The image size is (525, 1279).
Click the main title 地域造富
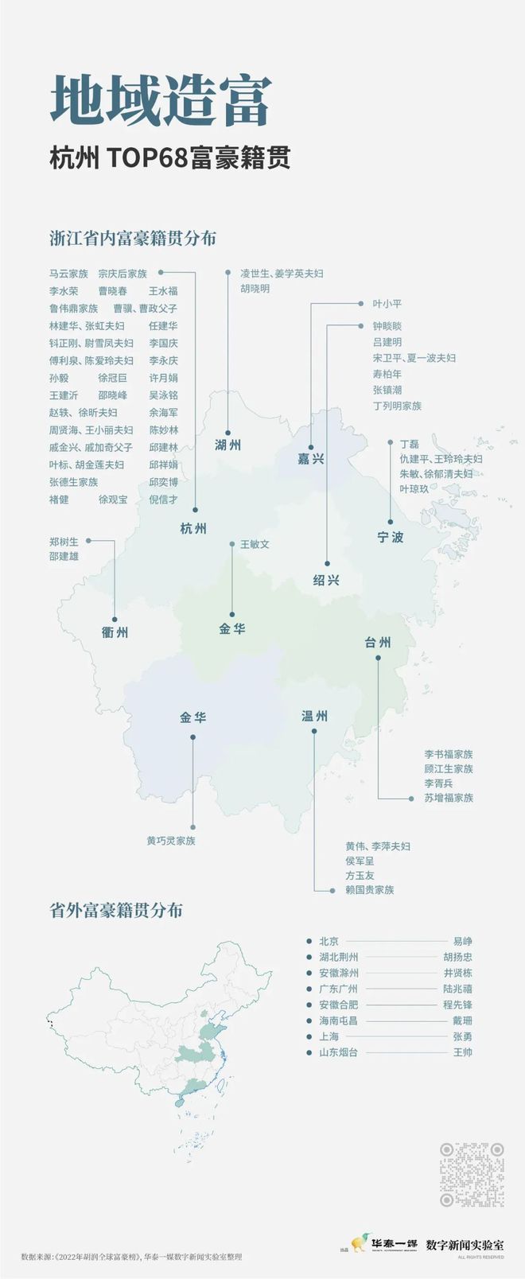tap(161, 102)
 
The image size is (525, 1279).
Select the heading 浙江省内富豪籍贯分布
tap(133, 239)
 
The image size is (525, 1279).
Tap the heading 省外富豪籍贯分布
tap(116, 910)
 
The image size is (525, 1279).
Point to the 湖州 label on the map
tap(227, 445)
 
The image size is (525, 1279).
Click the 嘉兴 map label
tap(311, 459)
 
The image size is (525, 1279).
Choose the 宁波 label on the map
tap(390, 537)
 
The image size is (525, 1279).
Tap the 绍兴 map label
tap(326, 580)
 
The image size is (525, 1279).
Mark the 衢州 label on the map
tap(115, 632)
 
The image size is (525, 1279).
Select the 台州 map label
tap(378, 642)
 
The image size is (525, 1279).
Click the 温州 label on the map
tap(314, 716)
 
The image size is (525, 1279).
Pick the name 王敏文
tap(255, 545)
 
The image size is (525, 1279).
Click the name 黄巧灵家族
tap(170, 840)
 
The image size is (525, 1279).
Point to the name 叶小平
tap(387, 304)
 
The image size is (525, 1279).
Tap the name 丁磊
tap(409, 444)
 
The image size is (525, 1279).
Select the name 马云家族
tap(68, 274)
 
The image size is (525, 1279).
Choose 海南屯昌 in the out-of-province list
tap(338, 1020)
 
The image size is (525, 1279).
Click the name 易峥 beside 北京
tap(462, 941)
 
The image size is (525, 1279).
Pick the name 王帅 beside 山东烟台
tap(462, 1052)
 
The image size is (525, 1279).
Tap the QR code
tap(472, 1174)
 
